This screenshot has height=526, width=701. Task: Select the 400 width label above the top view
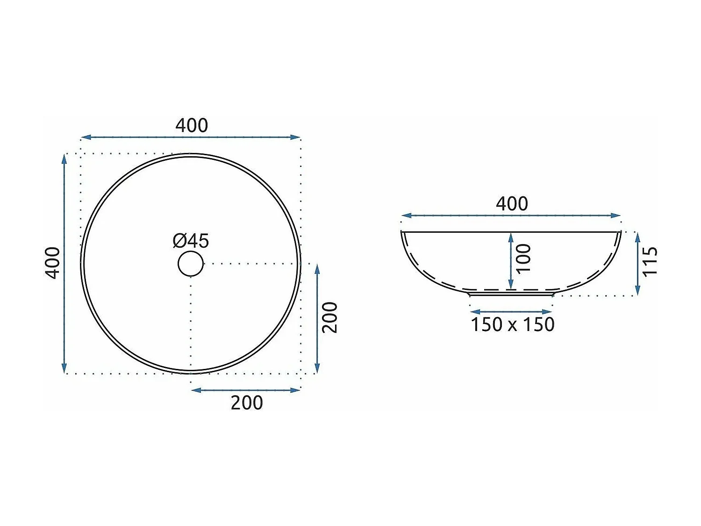click(192, 125)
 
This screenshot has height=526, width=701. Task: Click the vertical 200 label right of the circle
click(329, 317)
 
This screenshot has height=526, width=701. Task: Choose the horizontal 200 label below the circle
click(247, 403)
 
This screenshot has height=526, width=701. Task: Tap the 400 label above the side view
click(512, 203)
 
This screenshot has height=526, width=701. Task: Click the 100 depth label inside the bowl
click(523, 259)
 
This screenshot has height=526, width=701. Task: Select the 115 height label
click(650, 261)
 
